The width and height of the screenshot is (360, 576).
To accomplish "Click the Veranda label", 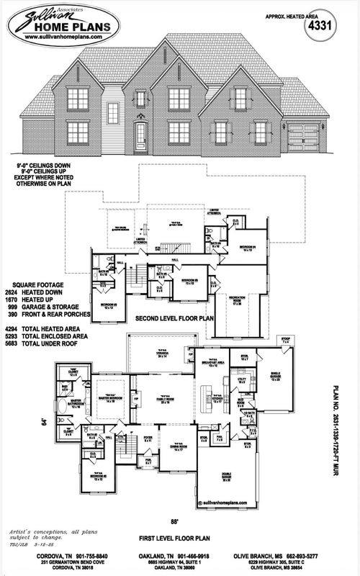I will (x=166, y=354).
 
